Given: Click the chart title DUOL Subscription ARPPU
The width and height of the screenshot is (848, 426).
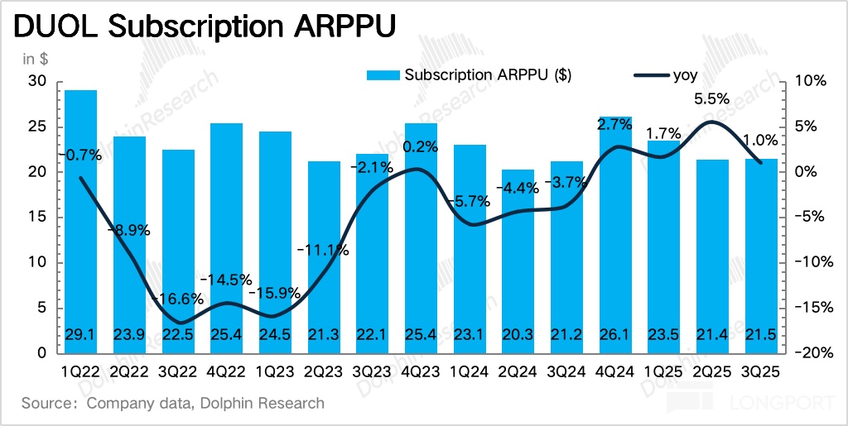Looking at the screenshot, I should (203, 27).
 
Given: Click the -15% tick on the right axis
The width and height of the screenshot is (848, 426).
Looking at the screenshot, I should (812, 308).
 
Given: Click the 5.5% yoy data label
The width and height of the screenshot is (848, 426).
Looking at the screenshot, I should (711, 98).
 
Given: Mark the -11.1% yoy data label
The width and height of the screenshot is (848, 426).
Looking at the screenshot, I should (323, 250).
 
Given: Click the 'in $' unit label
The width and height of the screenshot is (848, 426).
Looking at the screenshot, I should (36, 59).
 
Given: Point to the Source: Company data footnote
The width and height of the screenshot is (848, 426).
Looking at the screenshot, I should (173, 404).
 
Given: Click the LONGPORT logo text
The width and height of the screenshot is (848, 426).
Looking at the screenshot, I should (774, 404).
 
